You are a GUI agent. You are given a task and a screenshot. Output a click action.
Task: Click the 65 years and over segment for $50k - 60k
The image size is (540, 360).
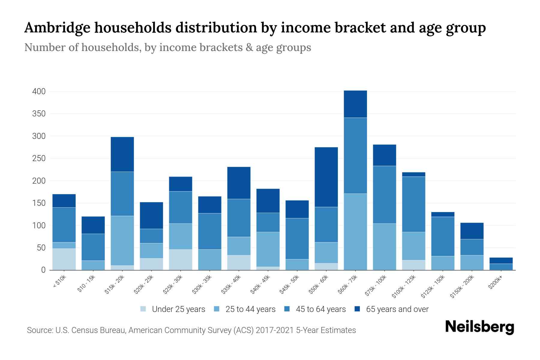326,177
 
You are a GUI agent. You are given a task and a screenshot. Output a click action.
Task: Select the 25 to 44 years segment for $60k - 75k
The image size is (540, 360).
355,232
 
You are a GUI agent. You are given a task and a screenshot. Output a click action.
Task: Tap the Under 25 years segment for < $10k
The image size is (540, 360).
64,259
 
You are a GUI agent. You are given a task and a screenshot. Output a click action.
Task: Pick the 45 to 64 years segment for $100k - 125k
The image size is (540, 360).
414,204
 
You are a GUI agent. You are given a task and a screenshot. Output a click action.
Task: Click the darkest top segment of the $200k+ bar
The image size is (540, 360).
501,260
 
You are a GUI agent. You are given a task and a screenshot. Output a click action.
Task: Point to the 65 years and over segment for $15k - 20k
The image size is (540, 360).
122,154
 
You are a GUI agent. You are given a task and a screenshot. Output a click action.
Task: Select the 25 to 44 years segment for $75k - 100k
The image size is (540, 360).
384,247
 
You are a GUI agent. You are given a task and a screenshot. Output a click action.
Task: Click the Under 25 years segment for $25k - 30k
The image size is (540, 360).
180,259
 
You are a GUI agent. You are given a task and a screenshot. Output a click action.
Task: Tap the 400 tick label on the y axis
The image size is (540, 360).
39,91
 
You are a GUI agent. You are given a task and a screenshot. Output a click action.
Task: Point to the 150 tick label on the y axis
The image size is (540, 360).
39,203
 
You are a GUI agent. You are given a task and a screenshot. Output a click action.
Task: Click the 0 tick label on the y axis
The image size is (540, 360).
43,270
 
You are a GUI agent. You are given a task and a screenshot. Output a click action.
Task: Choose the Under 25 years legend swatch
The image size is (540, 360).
143,309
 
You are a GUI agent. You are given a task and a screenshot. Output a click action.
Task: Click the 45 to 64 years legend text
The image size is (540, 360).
321,309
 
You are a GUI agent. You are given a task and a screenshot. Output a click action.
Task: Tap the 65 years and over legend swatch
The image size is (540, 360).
357,309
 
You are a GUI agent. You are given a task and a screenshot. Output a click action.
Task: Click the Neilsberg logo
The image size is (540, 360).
479,327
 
